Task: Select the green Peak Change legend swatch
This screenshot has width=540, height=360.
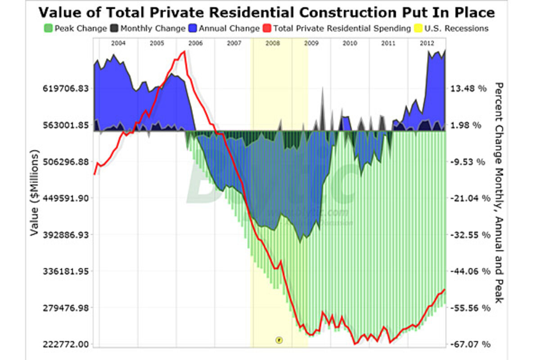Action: coord(49,28)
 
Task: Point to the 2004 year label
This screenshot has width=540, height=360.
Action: coord(118,43)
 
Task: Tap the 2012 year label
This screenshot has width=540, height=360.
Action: coord(427,43)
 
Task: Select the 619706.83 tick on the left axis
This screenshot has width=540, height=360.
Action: coord(65,88)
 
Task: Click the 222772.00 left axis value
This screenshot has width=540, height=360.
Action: coord(65,345)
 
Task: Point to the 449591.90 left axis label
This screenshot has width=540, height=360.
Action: coord(65,198)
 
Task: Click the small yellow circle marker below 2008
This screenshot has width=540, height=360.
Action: coord(279,339)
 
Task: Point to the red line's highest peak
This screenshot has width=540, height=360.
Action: coord(184,52)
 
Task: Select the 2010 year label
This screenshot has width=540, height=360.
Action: coord(350,43)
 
